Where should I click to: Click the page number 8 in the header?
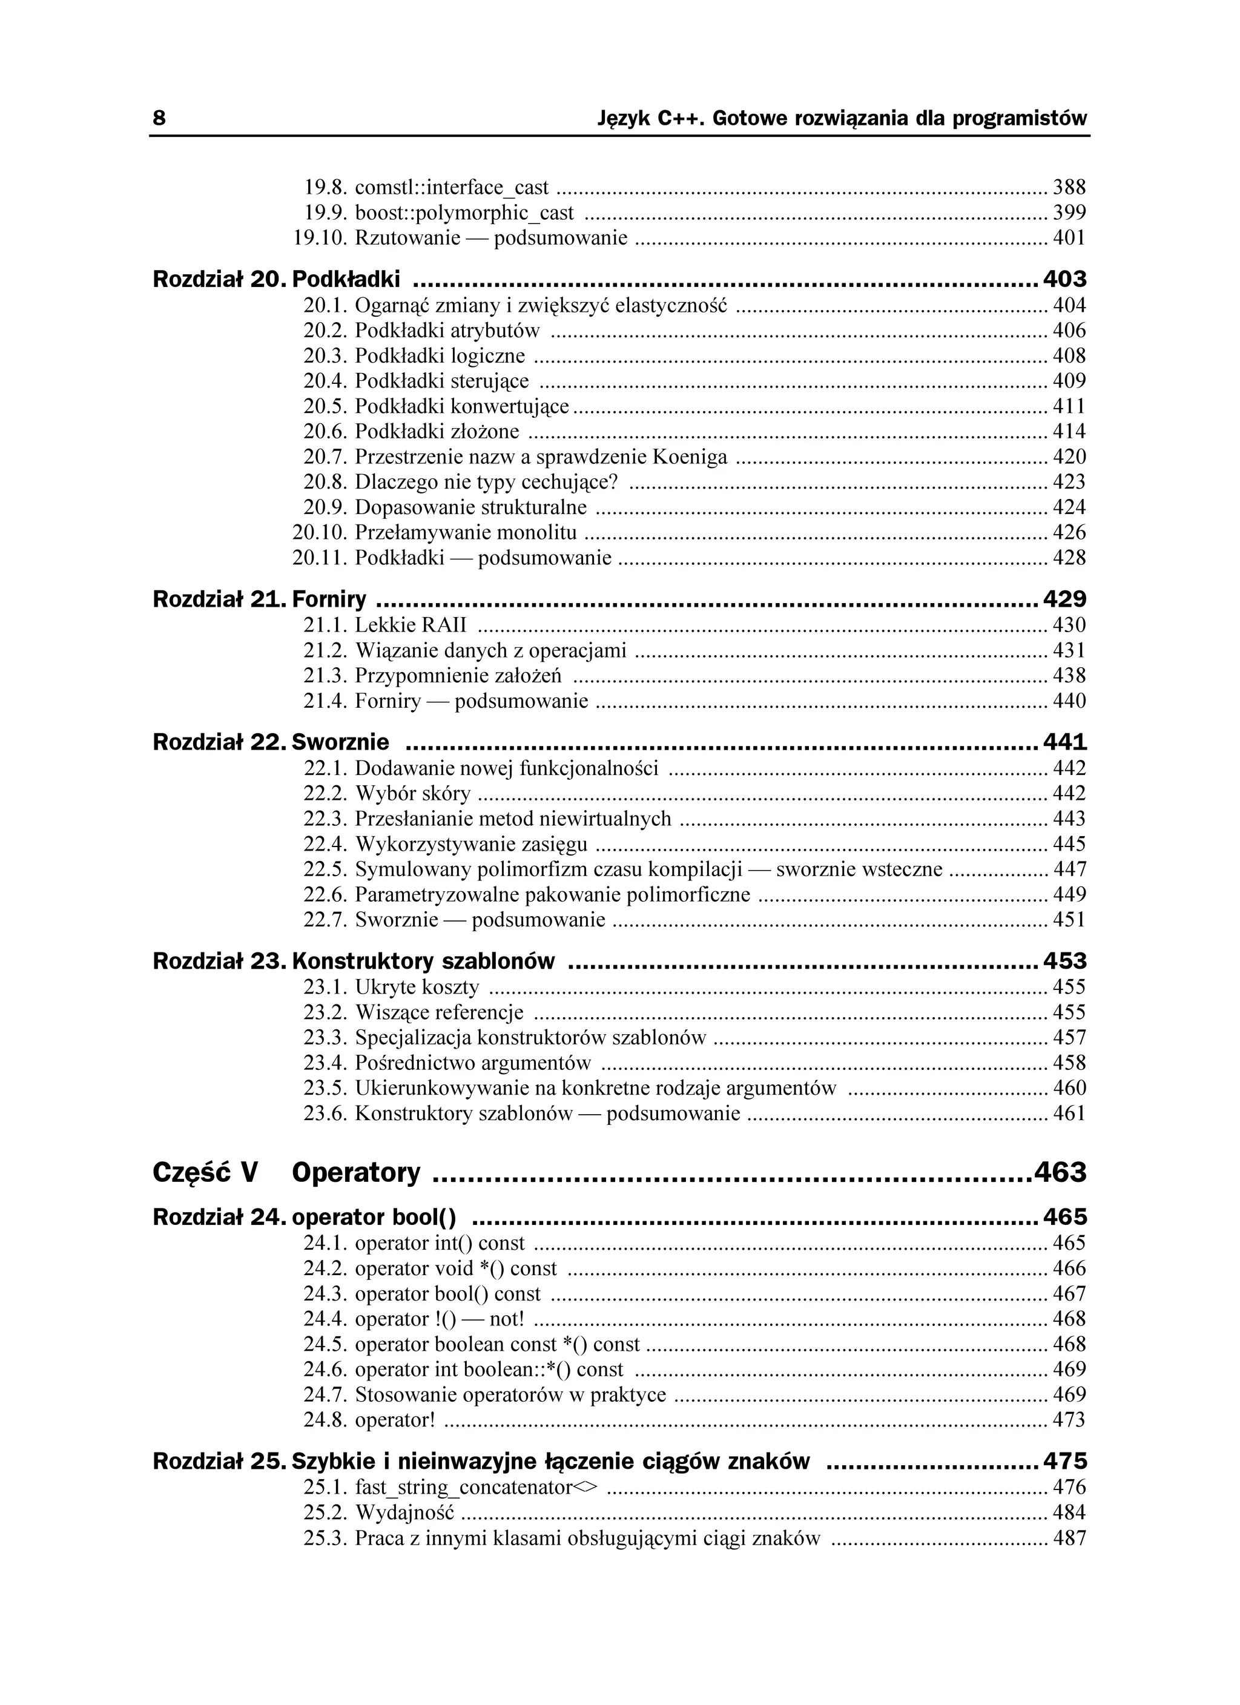159,119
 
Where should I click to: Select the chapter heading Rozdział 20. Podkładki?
276,280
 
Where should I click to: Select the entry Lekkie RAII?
411,625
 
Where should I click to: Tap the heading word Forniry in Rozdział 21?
329,599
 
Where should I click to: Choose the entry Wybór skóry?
412,793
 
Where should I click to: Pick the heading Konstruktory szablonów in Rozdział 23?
423,961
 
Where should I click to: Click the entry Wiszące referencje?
439,1012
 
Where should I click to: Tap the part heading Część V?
205,1172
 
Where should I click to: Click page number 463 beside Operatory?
1060,1172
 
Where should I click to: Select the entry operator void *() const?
456,1268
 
